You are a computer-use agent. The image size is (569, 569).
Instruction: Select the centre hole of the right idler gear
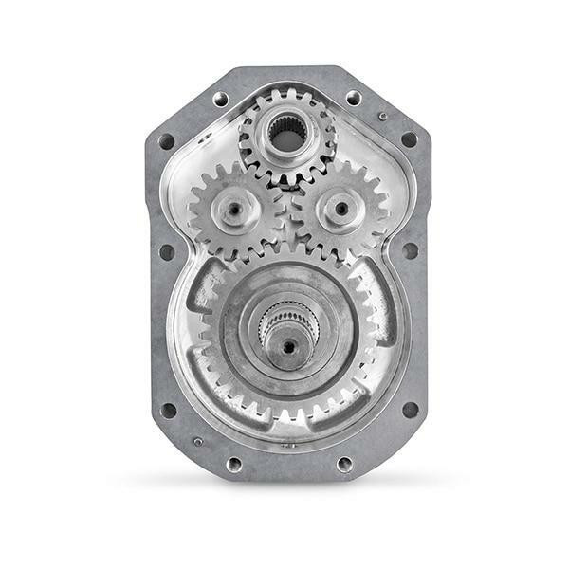340,207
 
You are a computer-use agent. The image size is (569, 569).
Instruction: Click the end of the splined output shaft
286,347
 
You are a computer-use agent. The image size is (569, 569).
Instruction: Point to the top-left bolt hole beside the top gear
221,98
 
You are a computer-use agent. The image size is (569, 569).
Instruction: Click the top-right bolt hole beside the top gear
353,98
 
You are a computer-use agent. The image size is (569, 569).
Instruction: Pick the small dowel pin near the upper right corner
382,116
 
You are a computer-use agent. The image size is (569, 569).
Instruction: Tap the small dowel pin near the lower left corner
197,441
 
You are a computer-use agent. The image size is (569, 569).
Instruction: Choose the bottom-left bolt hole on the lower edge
233,464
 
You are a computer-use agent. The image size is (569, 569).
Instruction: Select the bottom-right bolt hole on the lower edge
344,464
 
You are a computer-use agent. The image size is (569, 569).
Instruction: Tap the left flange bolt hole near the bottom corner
168,410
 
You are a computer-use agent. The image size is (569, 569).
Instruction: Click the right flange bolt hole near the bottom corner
410,410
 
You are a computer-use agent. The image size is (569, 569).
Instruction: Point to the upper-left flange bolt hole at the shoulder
166,141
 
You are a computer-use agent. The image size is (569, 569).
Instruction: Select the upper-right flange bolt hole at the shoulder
409,139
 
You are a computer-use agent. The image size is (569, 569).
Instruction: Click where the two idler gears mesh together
286,211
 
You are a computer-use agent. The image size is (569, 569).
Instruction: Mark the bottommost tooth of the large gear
286,417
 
